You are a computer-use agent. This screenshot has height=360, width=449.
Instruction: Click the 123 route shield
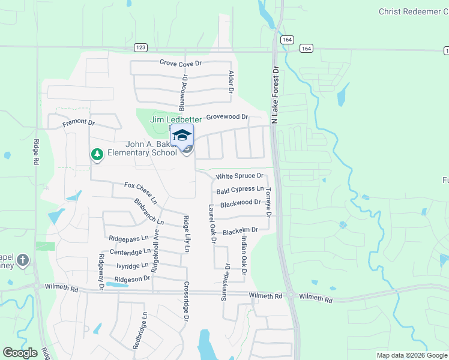(x=140, y=47)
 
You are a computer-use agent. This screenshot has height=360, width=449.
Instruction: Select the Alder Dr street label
(x=230, y=82)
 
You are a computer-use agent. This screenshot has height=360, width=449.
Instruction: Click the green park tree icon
(x=97, y=155)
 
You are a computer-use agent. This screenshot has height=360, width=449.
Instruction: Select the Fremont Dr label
(x=79, y=123)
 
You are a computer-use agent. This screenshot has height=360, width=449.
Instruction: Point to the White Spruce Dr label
(x=240, y=176)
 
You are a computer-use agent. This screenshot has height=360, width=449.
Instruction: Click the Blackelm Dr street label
(x=240, y=230)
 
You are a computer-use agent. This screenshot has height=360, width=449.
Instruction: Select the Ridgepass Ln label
(x=128, y=238)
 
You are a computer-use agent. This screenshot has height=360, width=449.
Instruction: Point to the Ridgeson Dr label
(x=132, y=279)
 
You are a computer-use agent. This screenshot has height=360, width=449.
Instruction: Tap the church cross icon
(x=22, y=260)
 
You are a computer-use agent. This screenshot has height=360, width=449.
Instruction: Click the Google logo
(x=20, y=353)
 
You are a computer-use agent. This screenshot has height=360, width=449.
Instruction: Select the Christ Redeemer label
(x=413, y=11)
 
